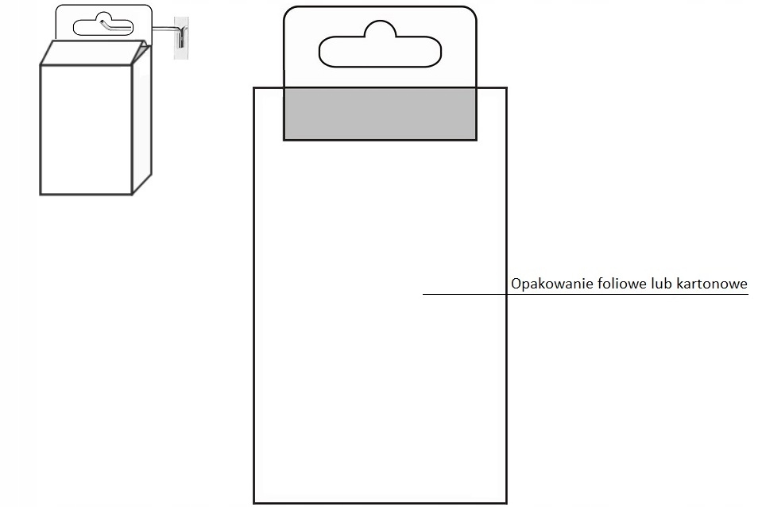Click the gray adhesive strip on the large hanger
[380, 114]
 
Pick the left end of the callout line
[424, 295]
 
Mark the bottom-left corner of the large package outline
[254, 502]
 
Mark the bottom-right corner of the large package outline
[506, 502]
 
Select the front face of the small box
[86, 129]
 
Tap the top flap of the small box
[93, 52]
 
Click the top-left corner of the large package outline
[254, 87]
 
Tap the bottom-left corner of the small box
[41, 193]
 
